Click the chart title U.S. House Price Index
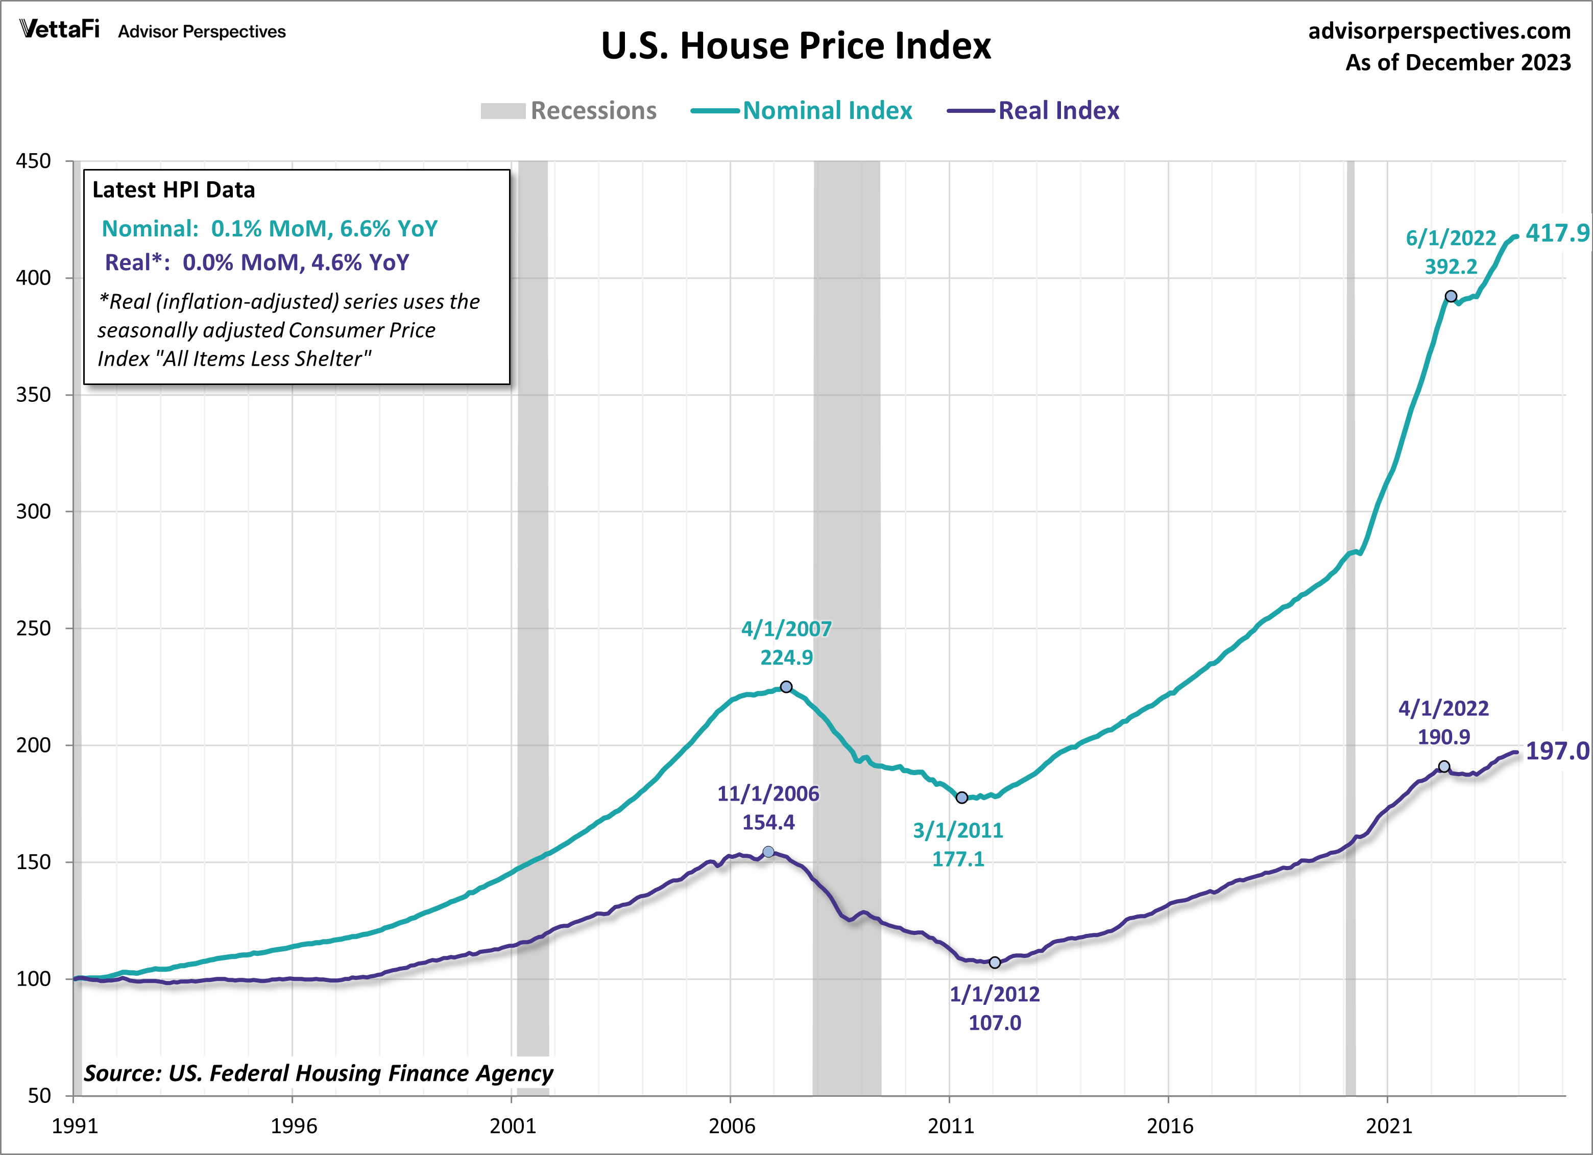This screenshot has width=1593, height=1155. (x=796, y=46)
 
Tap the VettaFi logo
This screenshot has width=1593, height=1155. (x=60, y=30)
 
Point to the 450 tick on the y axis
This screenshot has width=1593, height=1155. (x=34, y=161)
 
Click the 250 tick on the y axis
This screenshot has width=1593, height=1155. (x=34, y=628)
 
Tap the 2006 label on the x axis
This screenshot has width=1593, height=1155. (x=731, y=1126)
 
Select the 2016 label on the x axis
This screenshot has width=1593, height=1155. (x=1169, y=1126)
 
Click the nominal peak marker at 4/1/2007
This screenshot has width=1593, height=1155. (x=786, y=686)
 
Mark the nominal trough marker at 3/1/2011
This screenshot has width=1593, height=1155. (x=961, y=798)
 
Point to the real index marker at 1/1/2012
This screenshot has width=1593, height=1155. (x=995, y=962)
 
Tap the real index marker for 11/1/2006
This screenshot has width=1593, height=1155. (x=768, y=852)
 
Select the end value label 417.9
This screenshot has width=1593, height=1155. (x=1556, y=233)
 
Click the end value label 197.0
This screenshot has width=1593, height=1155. (x=1556, y=751)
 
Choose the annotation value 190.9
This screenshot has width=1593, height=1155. (x=1443, y=737)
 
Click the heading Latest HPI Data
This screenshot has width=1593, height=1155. (x=174, y=189)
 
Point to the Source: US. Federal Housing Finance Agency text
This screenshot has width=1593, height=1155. (x=318, y=1073)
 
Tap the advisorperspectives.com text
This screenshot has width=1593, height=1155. (x=1439, y=31)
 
